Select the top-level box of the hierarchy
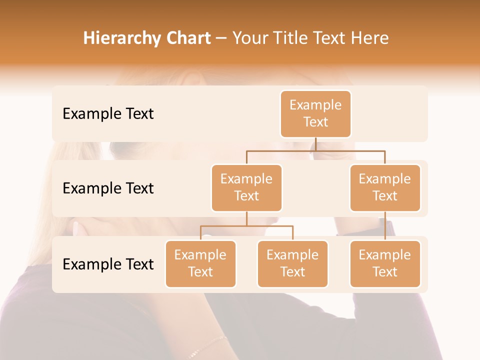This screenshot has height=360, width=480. coord(315,113)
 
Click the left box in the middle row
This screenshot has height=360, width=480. coord(246,187)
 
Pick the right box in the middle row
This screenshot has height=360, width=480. coord(385,187)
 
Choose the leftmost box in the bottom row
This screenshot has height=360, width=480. coord(200,263)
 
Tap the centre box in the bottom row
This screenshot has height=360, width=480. coord(292,263)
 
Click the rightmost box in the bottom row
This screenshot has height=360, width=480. coord(385,263)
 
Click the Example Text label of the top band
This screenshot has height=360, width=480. coord(108,114)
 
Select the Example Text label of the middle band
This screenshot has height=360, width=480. coord(108,188)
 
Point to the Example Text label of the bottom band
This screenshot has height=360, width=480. coord(108,264)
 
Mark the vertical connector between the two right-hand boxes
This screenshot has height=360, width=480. coord(385,225)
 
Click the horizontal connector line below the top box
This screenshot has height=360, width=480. coord(315,150)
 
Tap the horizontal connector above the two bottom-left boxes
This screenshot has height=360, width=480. coord(246,226)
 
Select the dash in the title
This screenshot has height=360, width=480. coord(221,38)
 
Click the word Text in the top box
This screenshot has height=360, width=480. coord(315,122)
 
